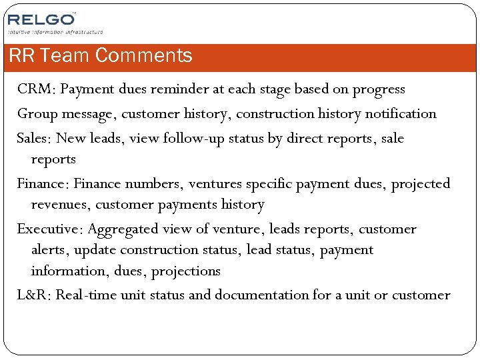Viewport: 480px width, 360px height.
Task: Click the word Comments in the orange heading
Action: click(143, 56)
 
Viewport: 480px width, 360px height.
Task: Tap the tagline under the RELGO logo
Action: click(55, 31)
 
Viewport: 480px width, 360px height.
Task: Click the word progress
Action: click(378, 89)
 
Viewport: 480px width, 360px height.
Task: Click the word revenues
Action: click(60, 205)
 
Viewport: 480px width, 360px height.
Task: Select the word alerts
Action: click(49, 250)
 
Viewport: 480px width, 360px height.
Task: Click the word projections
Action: click(186, 271)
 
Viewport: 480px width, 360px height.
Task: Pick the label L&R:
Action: click(34, 295)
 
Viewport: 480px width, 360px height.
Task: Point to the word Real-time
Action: click(86, 295)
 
